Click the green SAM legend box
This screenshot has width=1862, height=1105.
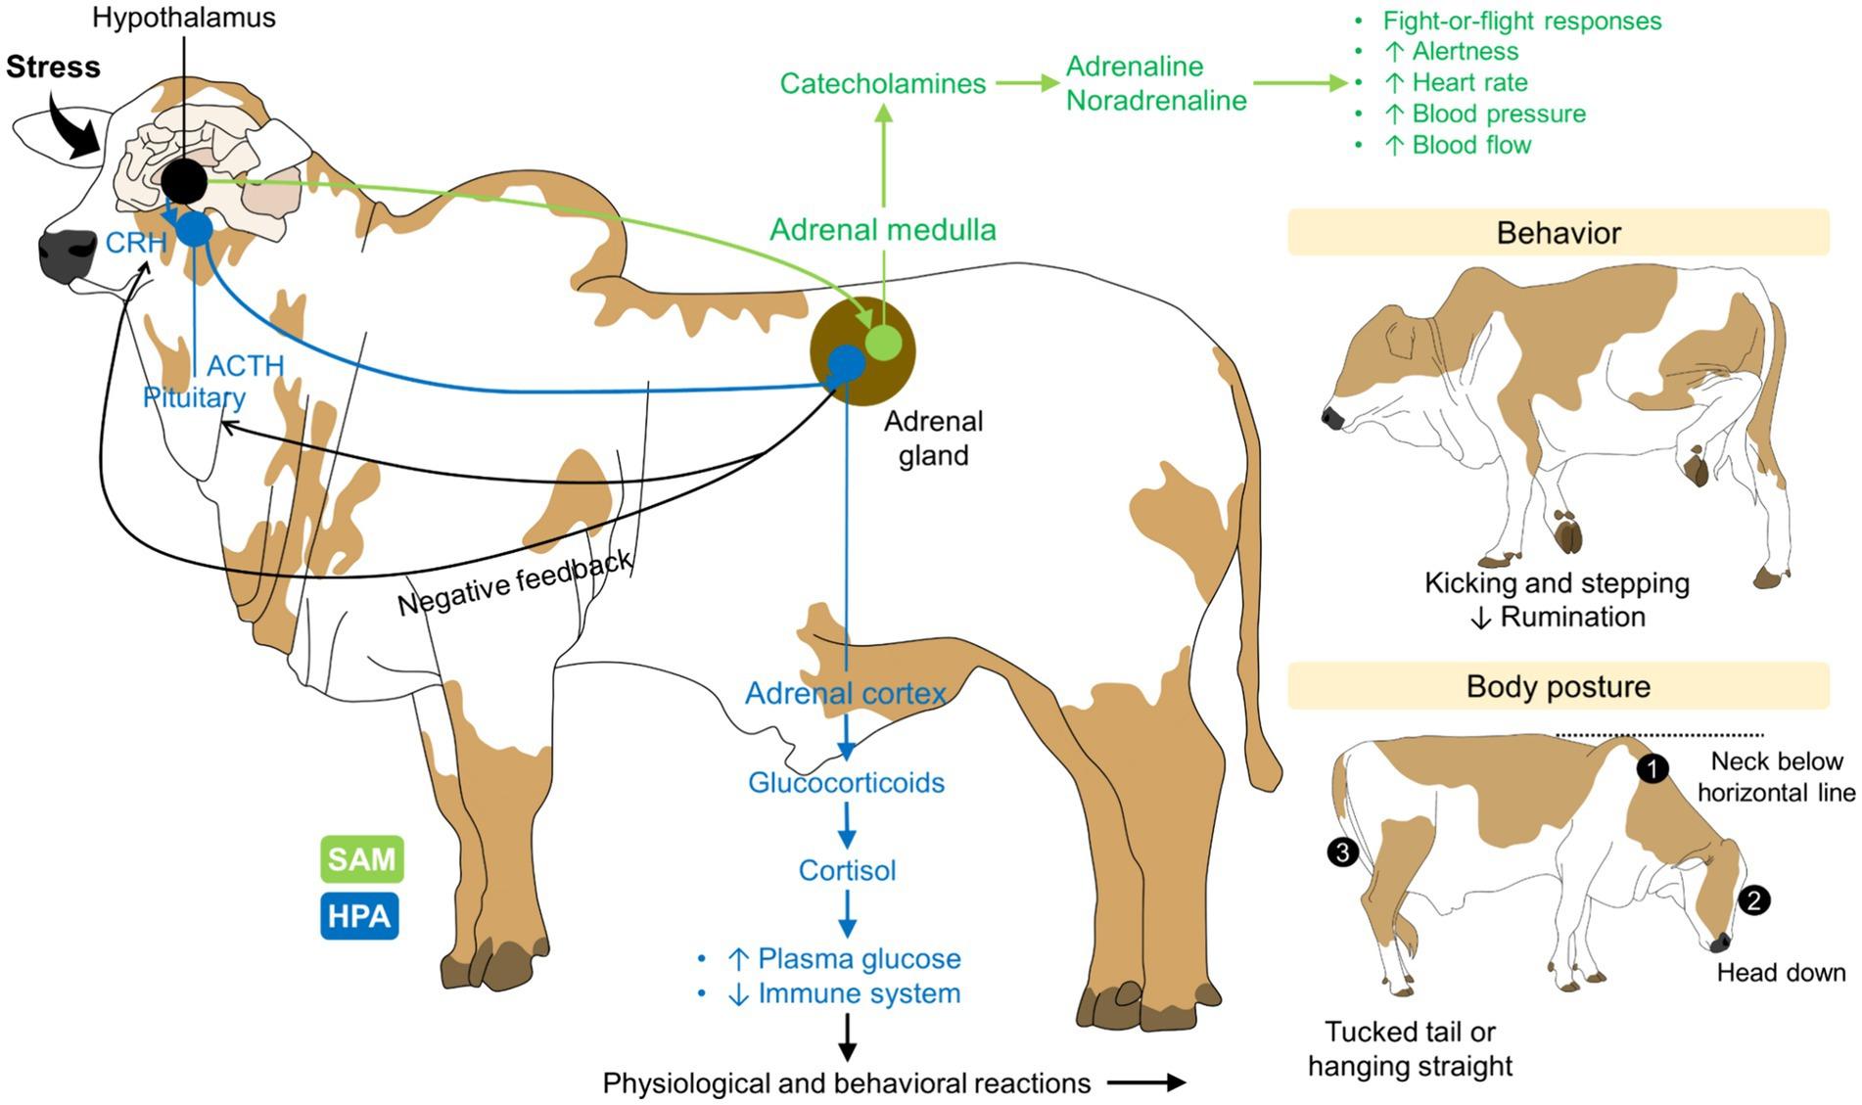point(361,859)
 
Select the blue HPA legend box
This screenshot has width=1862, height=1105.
point(359,916)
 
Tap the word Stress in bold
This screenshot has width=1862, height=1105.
point(53,68)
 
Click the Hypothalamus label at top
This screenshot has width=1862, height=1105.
point(184,18)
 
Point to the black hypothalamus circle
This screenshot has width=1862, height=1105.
point(184,181)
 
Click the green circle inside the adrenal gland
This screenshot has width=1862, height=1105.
point(883,342)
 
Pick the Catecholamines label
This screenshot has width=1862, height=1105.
point(882,84)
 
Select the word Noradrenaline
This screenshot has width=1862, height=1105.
point(1156,101)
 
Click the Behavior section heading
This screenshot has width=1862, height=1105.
point(1558,233)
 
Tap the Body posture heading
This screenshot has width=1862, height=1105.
point(1558,686)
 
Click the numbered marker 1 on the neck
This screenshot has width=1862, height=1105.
point(1653,768)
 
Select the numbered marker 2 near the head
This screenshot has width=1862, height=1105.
point(1753,899)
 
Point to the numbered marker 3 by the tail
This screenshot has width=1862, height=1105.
point(1342,852)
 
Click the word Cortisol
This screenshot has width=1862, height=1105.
point(847,870)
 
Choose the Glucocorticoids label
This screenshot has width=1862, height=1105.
point(846,783)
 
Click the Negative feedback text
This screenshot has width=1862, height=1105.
point(515,583)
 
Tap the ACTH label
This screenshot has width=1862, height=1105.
point(245,366)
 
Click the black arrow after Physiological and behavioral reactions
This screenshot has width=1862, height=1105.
point(1146,1082)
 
